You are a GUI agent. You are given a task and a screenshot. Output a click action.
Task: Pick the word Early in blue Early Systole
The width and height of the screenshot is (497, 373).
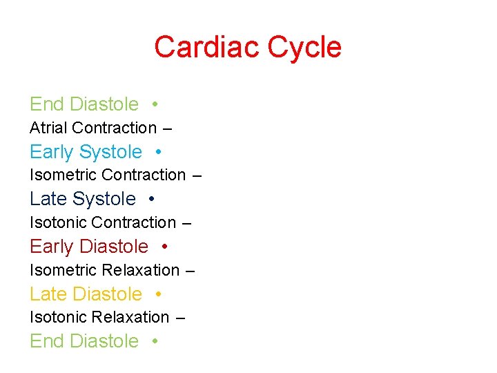pyautogui.click(x=52, y=152)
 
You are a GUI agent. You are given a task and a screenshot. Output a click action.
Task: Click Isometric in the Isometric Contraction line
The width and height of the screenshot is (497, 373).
pyautogui.click(x=63, y=175)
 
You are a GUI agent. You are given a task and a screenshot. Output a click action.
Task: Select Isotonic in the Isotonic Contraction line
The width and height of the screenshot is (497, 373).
pyautogui.click(x=58, y=222)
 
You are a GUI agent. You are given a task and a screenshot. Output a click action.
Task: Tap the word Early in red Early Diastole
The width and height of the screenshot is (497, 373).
pyautogui.click(x=52, y=247)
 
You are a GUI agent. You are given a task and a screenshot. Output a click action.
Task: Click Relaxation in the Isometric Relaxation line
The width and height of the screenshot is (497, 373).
pyautogui.click(x=140, y=270)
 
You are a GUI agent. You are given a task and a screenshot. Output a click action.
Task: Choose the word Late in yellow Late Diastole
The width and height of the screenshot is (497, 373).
pyautogui.click(x=48, y=294)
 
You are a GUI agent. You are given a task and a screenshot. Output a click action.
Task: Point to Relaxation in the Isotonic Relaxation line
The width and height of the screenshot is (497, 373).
pyautogui.click(x=130, y=317)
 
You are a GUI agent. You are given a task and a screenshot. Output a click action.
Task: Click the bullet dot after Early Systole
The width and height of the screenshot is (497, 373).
pyautogui.click(x=159, y=152)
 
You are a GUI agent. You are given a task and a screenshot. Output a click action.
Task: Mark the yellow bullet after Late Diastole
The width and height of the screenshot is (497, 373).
pyautogui.click(x=159, y=294)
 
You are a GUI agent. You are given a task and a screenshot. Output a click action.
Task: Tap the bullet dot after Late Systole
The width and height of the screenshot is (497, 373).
pyautogui.click(x=151, y=199)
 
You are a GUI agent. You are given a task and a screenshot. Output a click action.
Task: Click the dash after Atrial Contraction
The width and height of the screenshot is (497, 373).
pyautogui.click(x=167, y=128)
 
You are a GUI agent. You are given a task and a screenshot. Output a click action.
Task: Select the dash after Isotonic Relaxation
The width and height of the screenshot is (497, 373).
pyautogui.click(x=180, y=318)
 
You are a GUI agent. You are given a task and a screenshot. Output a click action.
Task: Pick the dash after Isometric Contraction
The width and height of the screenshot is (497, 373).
pyautogui.click(x=197, y=176)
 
